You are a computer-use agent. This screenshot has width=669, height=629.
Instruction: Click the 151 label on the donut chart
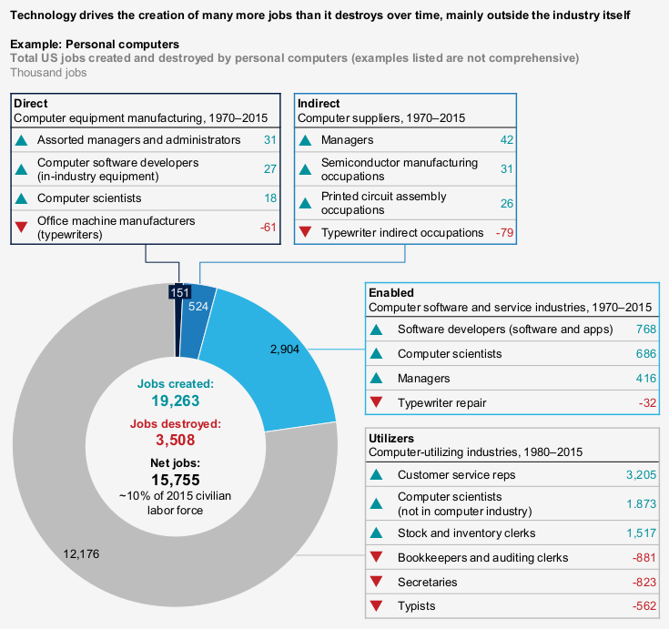[x=179, y=292]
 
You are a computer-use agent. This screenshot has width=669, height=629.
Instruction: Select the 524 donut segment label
[x=199, y=307]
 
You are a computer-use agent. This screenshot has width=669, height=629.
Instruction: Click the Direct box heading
[x=31, y=104]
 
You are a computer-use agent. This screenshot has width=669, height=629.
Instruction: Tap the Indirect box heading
[x=319, y=104]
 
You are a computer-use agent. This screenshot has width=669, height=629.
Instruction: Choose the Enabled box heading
[x=391, y=292]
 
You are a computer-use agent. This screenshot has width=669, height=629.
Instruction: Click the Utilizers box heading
[x=392, y=437]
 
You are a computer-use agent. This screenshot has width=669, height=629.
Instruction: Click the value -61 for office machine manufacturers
[x=268, y=227]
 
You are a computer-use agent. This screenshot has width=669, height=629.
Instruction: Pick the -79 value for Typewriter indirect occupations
[x=502, y=233]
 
